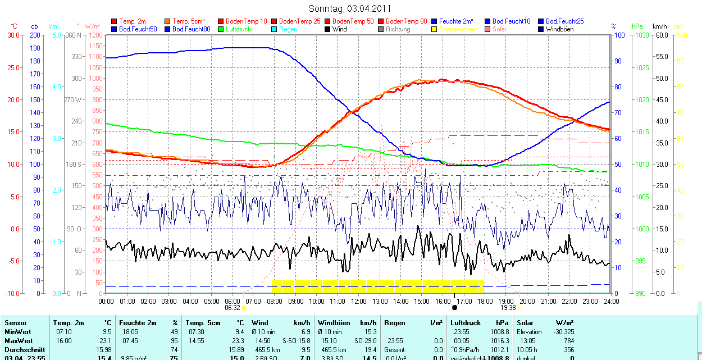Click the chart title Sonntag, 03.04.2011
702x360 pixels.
[x=350, y=8]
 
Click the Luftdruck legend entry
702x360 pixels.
[x=238, y=29]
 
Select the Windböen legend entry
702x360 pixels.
[x=559, y=29]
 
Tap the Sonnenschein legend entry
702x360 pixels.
[x=458, y=29]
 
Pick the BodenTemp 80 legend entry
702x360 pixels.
[x=407, y=21]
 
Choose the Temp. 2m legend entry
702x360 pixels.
[x=132, y=21]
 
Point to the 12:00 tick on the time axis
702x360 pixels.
[x=358, y=302]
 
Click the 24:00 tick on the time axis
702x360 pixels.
[x=610, y=302]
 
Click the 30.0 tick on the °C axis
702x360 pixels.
[x=13, y=35]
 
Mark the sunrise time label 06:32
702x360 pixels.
[x=233, y=308]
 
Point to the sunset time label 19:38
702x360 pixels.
[x=508, y=308]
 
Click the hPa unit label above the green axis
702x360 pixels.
[x=637, y=26]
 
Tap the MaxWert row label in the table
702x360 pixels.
[x=18, y=341]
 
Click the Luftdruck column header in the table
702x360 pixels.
[x=466, y=323]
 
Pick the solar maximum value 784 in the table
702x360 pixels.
[x=568, y=341]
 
